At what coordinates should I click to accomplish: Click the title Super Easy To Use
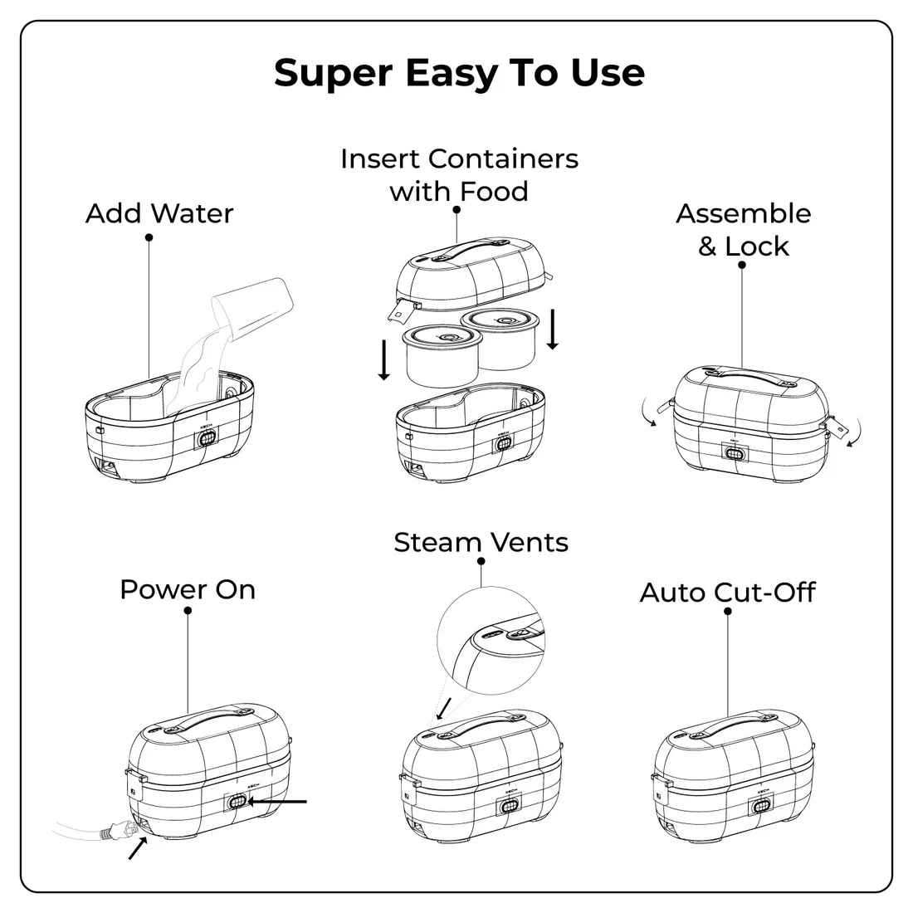[x=458, y=73]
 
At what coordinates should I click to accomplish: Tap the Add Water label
[x=159, y=213]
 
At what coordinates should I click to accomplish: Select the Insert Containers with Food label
[x=459, y=174]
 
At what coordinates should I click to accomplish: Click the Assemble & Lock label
[x=743, y=229]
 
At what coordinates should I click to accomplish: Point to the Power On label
[x=188, y=589]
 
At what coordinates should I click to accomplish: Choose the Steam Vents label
[x=481, y=543]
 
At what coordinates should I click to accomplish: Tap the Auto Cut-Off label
[x=727, y=593]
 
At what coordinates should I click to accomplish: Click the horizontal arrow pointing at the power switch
[x=279, y=802]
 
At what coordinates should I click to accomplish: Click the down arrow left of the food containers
[x=383, y=359]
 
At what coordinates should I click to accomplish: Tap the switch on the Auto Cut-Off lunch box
[x=758, y=807]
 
